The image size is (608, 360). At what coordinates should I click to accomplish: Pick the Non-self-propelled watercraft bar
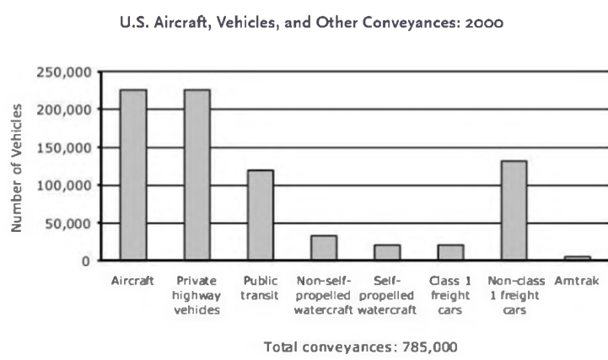(323, 248)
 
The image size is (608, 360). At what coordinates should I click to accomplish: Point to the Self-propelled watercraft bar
(387, 252)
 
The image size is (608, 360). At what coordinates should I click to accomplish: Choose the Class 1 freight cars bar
(450, 252)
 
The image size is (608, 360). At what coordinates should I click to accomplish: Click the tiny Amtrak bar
(577, 258)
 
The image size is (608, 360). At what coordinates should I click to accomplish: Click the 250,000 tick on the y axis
(64, 72)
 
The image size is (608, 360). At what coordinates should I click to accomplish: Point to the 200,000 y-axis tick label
(64, 110)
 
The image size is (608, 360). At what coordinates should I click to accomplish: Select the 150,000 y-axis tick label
(64, 148)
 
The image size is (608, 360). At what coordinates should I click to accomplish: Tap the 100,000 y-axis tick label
(64, 185)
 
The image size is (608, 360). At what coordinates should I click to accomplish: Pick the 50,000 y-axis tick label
(67, 223)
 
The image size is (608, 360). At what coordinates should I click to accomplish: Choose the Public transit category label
(260, 287)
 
